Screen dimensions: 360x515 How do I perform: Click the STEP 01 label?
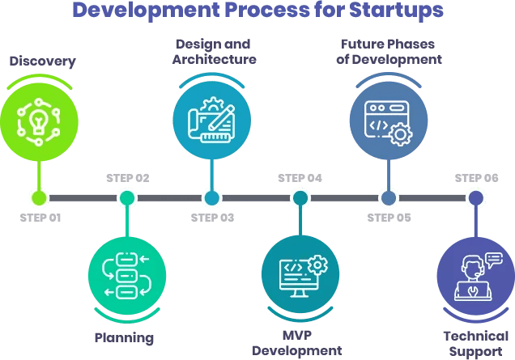click(40, 217)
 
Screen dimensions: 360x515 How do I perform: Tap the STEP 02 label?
click(127, 178)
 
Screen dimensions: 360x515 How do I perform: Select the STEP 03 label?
click(212, 217)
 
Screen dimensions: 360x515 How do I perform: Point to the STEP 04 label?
click(300, 178)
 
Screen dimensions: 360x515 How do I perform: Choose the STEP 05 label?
click(389, 217)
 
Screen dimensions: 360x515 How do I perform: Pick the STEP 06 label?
click(476, 178)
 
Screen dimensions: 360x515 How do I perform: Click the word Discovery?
click(42, 61)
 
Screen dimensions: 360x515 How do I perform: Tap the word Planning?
click(124, 337)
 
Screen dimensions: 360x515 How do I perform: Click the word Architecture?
click(215, 59)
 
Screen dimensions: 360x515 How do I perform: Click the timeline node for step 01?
click(39, 197)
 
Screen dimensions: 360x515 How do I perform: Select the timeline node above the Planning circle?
click(126, 197)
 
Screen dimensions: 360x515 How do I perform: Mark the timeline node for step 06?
click(475, 197)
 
